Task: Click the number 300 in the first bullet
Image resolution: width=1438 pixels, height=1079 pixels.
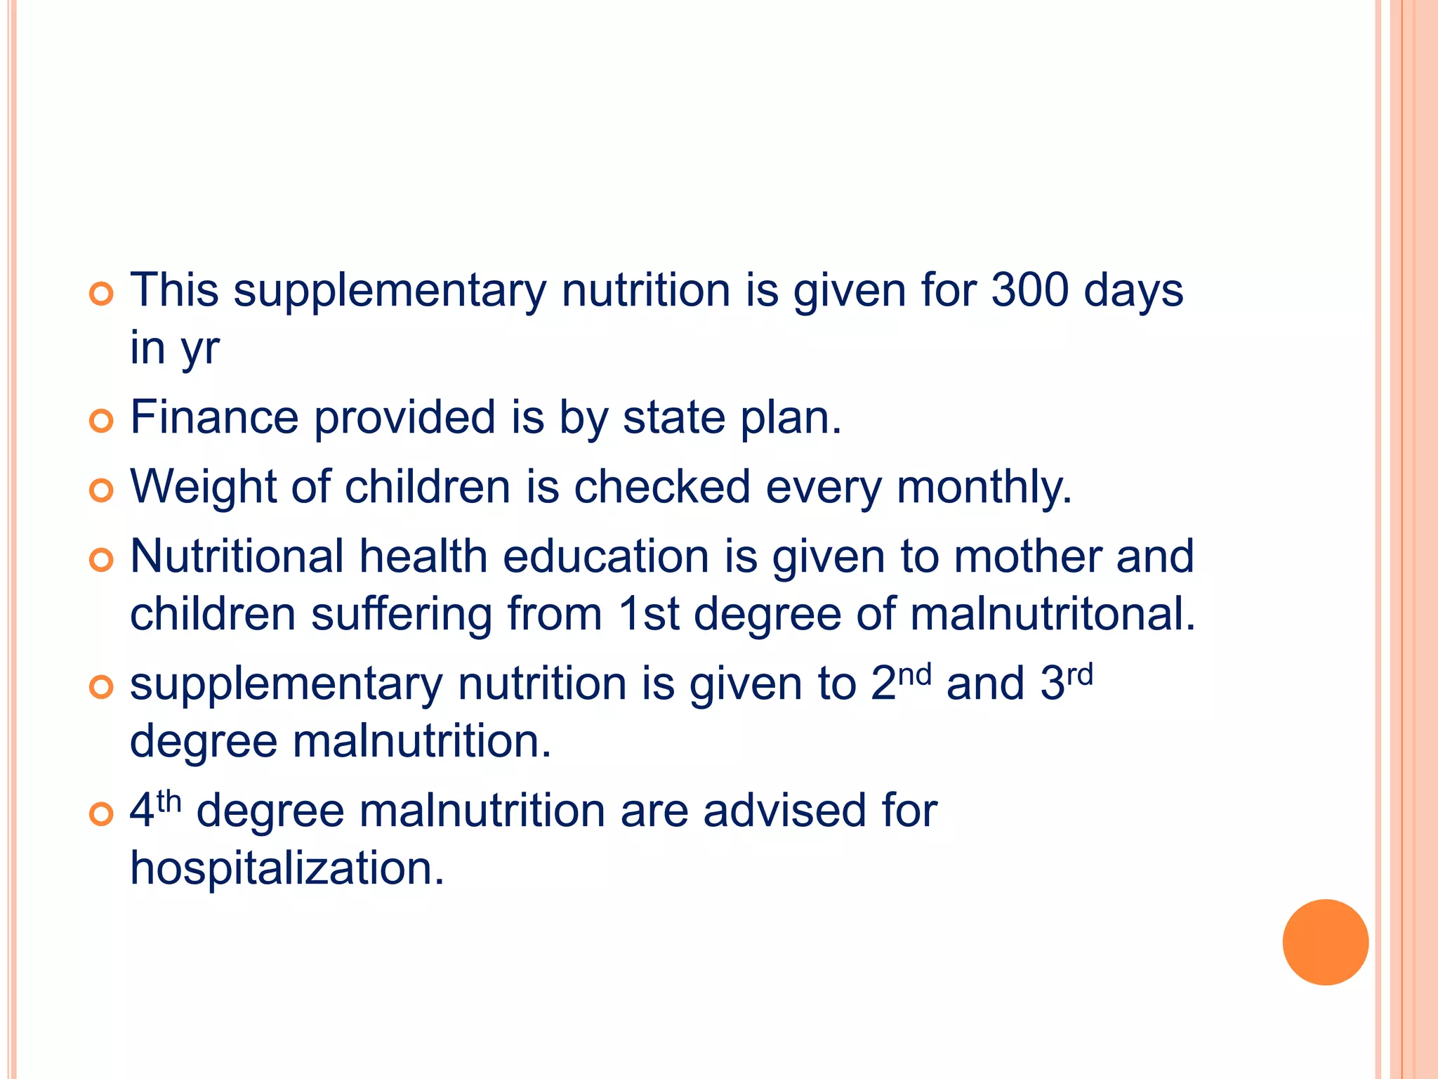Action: [1029, 290]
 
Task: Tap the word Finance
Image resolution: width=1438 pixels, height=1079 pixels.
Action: [214, 417]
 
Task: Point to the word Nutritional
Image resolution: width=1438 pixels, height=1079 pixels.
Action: [237, 556]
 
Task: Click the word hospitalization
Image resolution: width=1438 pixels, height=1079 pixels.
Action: [287, 868]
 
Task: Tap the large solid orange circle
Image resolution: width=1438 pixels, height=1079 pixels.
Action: [1325, 942]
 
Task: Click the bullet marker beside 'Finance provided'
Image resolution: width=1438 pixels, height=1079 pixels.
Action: [102, 421]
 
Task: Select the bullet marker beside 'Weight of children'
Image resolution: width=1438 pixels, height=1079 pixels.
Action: [102, 491]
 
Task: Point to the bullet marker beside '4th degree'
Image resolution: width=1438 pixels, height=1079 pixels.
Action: [102, 814]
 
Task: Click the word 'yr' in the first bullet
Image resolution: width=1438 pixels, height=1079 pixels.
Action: [200, 349]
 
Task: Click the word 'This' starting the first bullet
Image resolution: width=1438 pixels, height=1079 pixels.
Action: [174, 290]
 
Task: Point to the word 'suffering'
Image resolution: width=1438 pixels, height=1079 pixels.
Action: [401, 614]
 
